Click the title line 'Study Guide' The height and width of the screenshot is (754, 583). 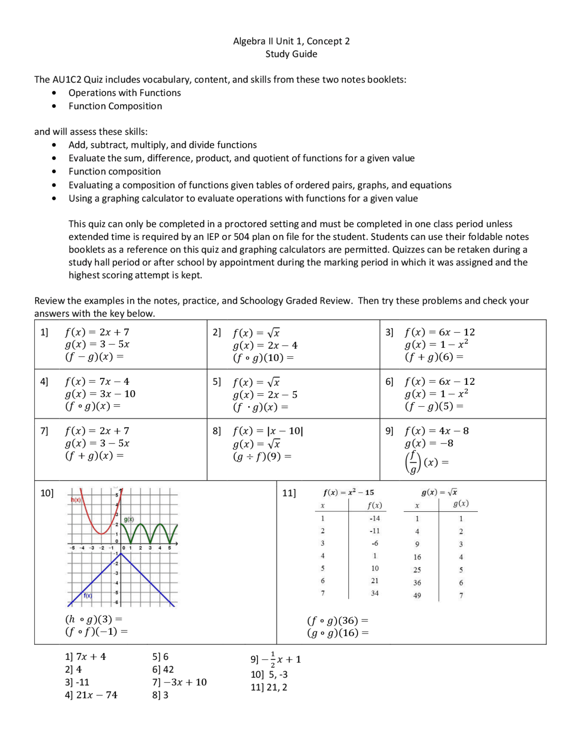click(291, 54)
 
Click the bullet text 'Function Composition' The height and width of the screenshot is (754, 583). click(115, 106)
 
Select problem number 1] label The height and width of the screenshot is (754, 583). click(44, 332)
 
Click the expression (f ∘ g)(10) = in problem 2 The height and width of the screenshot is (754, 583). click(263, 358)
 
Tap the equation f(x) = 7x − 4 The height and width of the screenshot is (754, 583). click(97, 382)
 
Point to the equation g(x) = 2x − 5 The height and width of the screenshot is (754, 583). click(265, 395)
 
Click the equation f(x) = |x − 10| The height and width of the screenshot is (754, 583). click(268, 431)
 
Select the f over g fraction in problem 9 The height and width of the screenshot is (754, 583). click(412, 462)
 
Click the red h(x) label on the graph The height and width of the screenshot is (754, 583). click(76, 500)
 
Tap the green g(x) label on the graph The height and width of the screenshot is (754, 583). click(129, 520)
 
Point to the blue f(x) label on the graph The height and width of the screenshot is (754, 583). click(88, 596)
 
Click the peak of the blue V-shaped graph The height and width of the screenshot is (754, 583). click(120, 553)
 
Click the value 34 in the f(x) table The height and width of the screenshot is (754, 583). click(374, 593)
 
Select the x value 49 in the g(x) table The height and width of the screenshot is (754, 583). click(417, 596)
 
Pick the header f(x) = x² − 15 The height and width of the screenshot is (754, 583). click(348, 493)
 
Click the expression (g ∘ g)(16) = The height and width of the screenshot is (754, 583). click(338, 633)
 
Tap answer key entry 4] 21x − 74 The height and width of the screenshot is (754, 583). click(91, 695)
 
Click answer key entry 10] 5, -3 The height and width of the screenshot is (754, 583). click(269, 675)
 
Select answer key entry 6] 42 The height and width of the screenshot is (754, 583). click(163, 670)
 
